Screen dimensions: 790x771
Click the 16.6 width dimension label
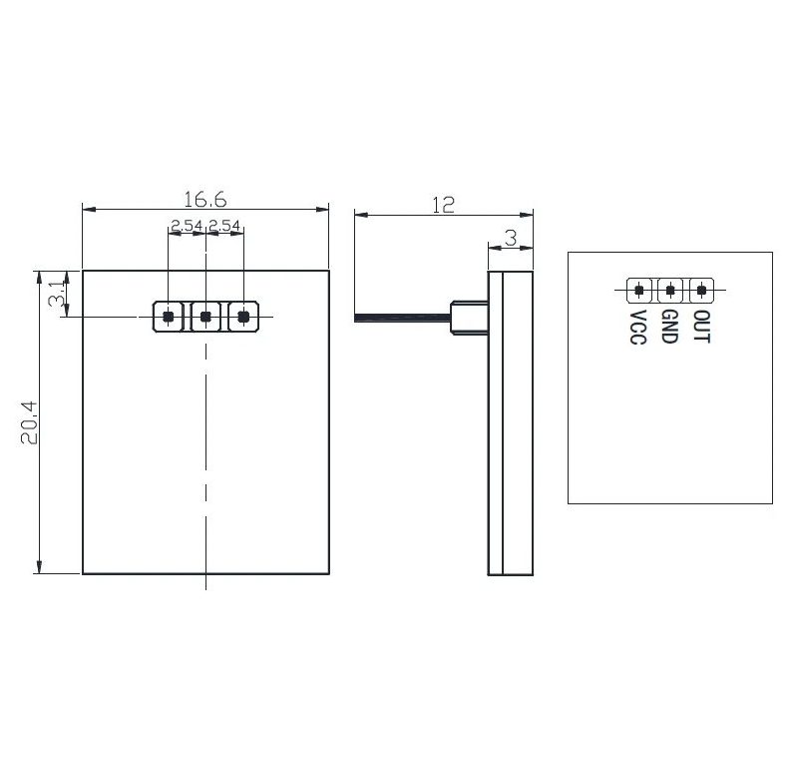204,200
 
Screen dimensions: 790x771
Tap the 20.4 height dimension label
29,422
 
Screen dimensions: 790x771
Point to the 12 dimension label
443,205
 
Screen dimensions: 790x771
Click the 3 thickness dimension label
511,238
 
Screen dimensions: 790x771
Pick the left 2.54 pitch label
187,226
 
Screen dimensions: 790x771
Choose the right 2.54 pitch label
224,226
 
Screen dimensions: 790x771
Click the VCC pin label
637,328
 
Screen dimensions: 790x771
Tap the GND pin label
669,327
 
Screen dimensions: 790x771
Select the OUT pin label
701,326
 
